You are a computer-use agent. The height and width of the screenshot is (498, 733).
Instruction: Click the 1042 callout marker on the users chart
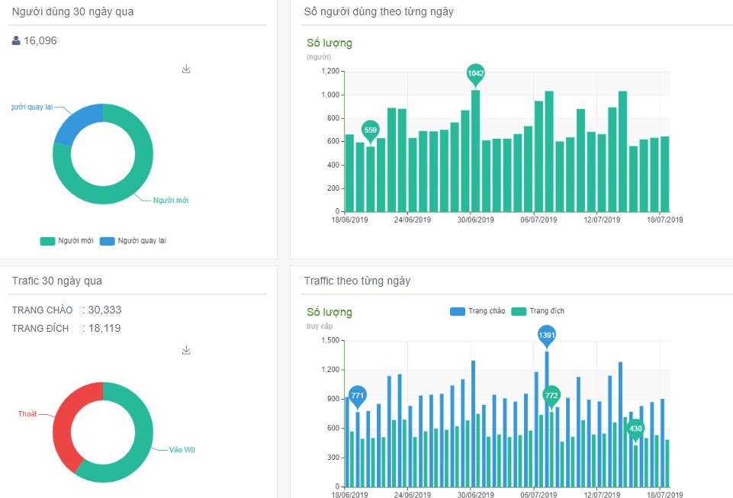coord(475,73)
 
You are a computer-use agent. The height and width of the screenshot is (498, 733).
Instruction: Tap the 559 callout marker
coord(370,130)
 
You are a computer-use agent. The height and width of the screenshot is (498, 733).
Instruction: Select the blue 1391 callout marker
coord(547,335)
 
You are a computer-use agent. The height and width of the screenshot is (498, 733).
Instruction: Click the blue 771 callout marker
coord(357,395)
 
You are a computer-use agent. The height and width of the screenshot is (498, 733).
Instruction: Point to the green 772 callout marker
coord(551,395)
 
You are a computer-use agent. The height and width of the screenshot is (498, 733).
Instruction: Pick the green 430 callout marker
coord(635,429)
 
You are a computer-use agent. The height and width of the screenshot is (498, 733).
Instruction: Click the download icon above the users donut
coord(186,69)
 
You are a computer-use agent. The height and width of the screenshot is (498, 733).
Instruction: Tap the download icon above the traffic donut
coord(186,351)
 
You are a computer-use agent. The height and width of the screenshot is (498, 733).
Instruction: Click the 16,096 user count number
coord(40,41)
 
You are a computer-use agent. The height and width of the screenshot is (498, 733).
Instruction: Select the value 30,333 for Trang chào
coord(104,310)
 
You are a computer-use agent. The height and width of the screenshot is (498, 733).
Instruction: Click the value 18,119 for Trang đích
coord(104,328)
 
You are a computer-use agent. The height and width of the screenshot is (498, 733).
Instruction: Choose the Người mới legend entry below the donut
coord(67,241)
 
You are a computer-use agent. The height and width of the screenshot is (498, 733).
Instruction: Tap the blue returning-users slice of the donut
coord(76,122)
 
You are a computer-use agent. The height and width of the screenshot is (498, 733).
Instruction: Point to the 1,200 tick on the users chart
coord(330,72)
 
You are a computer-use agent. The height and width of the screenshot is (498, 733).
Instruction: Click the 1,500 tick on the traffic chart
coord(330,341)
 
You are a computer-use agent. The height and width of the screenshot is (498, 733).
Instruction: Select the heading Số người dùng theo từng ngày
coord(378,12)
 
